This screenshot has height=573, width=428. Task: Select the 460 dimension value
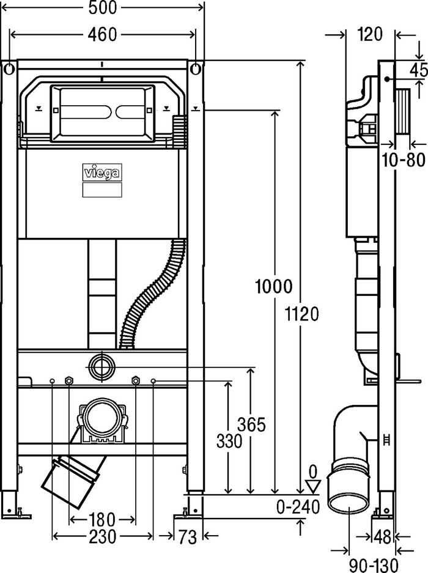[x=102, y=35]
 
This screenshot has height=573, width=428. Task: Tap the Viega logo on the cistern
[x=102, y=172]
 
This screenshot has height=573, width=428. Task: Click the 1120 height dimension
[x=301, y=314]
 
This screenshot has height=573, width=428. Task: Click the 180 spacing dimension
[x=101, y=520]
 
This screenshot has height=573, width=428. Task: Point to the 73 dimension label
[x=188, y=537]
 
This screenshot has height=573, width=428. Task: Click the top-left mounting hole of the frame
[x=9, y=68]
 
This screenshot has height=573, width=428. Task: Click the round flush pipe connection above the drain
[x=101, y=366]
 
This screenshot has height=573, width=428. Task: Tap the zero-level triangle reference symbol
[x=312, y=486]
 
